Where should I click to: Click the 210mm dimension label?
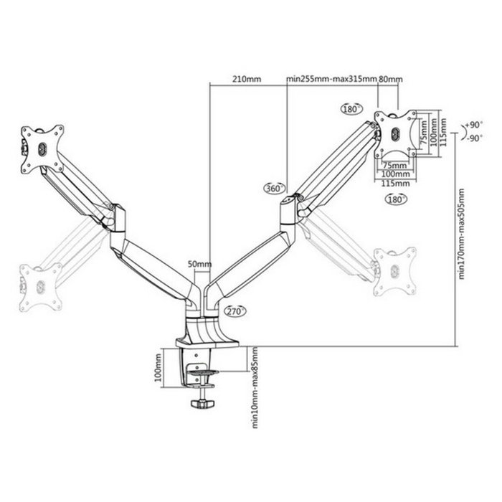[x=246, y=80]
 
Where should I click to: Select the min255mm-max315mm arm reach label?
[x=331, y=80]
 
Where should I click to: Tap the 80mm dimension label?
[x=390, y=80]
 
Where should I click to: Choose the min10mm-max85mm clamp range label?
[x=255, y=387]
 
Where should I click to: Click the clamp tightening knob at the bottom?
[x=203, y=404]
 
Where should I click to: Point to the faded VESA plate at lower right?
[x=394, y=270]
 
